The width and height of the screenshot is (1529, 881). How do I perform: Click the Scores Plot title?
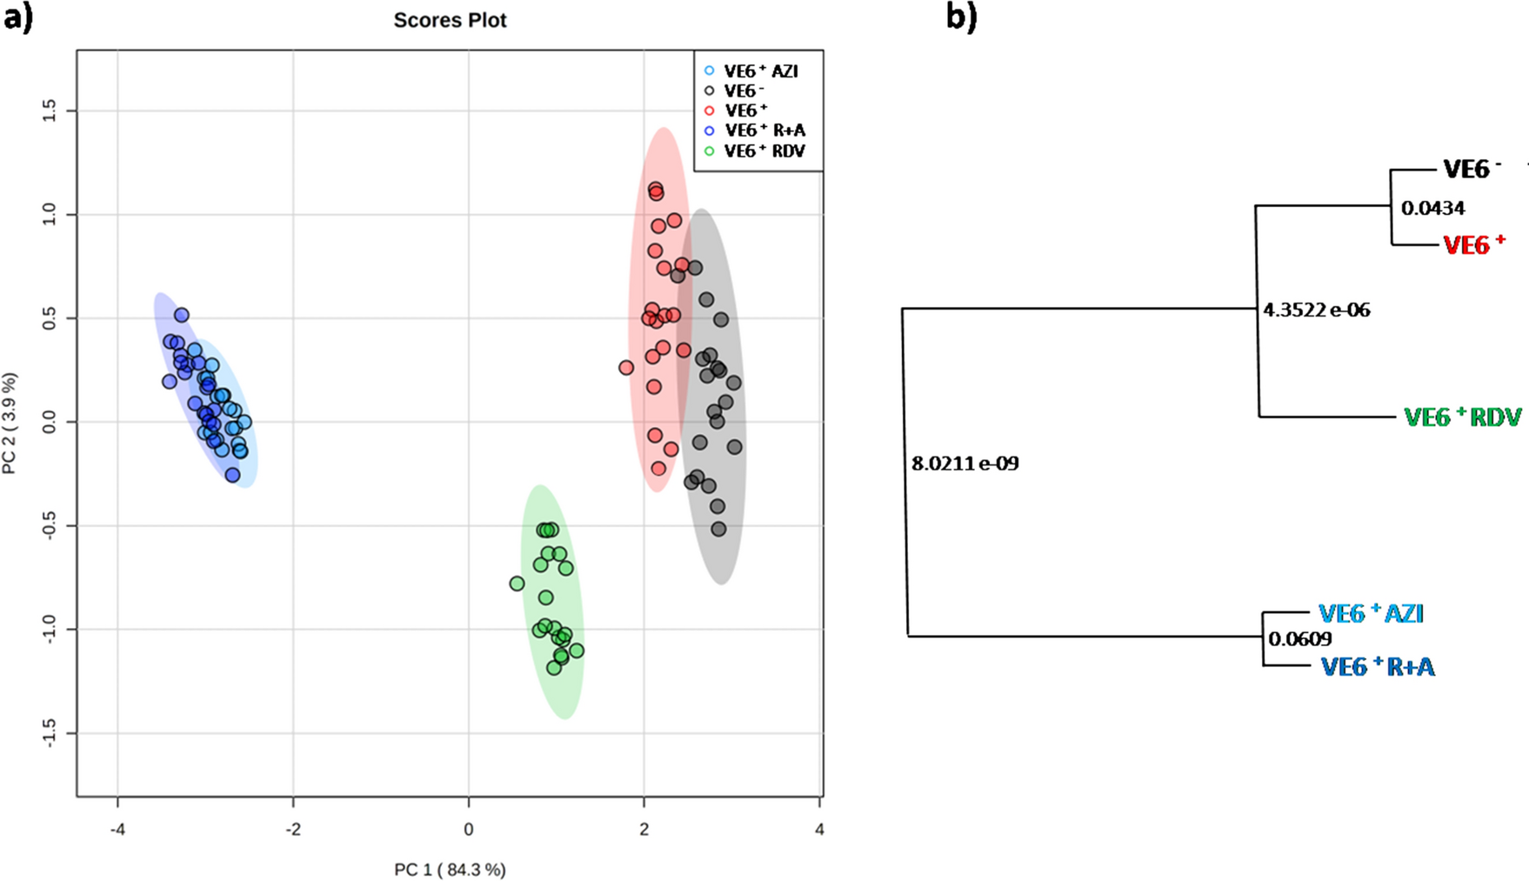(x=450, y=20)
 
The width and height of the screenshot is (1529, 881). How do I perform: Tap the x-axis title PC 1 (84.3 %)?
(x=450, y=869)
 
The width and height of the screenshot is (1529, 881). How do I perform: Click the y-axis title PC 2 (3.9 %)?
(x=10, y=424)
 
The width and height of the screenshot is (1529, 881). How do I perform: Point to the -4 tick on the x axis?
(x=117, y=829)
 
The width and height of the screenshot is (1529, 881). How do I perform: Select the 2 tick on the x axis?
(x=644, y=829)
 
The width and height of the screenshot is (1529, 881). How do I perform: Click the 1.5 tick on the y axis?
(x=49, y=110)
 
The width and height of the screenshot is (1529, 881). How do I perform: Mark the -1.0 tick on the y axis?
(x=49, y=629)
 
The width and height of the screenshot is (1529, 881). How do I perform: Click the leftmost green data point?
(x=517, y=584)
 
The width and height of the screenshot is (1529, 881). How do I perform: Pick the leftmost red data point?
(x=626, y=368)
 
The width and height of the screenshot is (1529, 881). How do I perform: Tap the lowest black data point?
(x=718, y=529)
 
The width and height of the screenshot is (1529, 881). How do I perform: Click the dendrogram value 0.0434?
(x=1432, y=208)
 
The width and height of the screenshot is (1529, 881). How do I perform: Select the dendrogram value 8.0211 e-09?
(x=965, y=464)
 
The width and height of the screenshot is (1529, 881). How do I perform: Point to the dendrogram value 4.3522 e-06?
(x=1316, y=310)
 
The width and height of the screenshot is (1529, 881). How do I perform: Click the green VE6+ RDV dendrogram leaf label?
(x=1462, y=417)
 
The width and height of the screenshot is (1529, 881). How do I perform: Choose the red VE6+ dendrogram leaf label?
(x=1473, y=245)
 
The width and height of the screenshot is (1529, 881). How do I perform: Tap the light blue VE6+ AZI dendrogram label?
(x=1371, y=613)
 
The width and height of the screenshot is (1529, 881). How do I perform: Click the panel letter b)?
(x=961, y=17)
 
